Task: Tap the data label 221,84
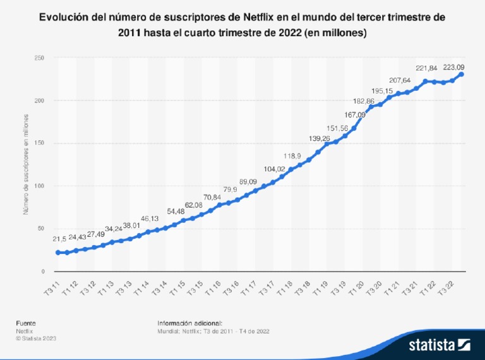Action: coord(426,68)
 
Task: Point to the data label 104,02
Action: coord(274,169)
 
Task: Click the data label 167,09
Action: coord(354,115)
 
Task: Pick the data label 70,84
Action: coord(212,198)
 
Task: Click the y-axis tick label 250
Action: coord(39,58)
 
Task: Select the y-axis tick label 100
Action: coord(39,186)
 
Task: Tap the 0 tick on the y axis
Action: coord(43,272)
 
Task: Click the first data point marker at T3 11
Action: coord(58,253)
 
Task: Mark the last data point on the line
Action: coord(462,75)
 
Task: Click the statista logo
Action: coord(440,345)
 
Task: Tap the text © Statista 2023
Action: coord(36,339)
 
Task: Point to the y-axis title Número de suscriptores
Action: coord(27,164)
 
